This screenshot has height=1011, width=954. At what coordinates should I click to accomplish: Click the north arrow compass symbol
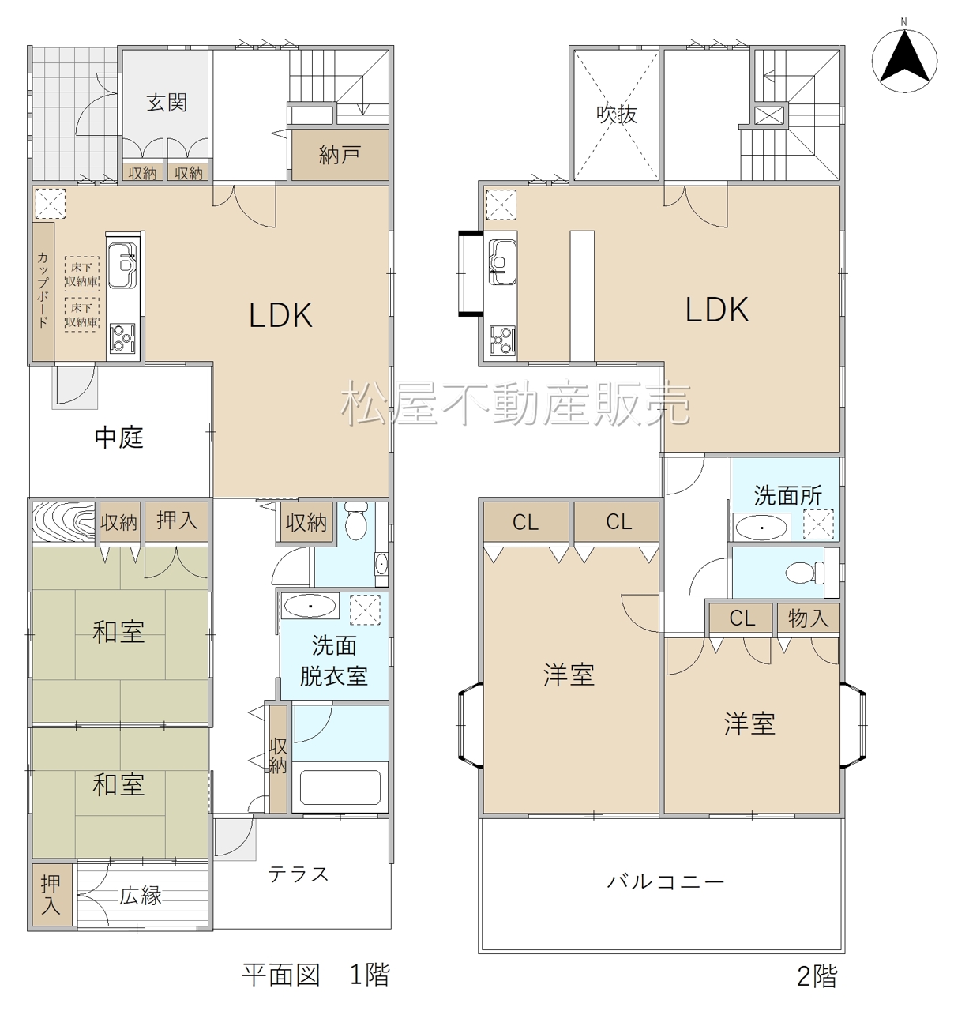(904, 61)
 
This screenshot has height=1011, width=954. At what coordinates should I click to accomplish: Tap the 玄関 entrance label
(167, 103)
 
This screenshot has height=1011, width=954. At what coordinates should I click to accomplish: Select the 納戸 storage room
(340, 154)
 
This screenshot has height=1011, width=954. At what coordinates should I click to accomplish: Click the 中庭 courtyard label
(119, 438)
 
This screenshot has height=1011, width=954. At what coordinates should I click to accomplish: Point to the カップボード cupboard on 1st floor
(43, 291)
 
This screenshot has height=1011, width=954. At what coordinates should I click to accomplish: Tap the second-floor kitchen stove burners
(502, 340)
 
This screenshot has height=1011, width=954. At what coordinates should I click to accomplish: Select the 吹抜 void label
(617, 115)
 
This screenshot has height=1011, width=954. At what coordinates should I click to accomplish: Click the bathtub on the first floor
(340, 787)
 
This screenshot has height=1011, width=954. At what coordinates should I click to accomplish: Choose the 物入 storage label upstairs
(808, 618)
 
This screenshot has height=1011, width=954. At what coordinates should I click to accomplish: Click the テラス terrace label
(299, 874)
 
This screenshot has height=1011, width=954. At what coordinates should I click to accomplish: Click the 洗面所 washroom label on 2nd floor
(787, 495)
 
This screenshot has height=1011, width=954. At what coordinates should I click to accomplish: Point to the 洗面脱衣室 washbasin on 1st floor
(310, 607)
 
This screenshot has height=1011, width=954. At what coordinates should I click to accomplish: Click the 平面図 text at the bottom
(280, 975)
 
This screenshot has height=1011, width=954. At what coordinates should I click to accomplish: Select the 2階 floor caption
(817, 976)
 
